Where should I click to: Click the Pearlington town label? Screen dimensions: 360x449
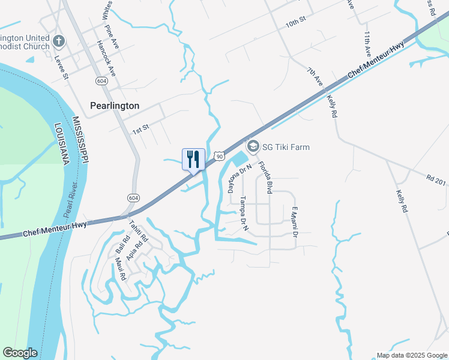115,106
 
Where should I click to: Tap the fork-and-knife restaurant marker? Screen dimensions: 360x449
193,160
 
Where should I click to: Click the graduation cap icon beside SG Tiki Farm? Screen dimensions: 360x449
253,146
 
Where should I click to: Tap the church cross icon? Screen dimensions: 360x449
59,41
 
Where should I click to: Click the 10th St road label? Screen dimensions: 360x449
296,22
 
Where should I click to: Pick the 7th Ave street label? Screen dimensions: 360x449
315,79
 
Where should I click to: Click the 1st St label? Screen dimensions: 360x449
140,128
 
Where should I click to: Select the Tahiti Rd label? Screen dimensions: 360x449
134,229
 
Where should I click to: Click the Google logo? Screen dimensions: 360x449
20,353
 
